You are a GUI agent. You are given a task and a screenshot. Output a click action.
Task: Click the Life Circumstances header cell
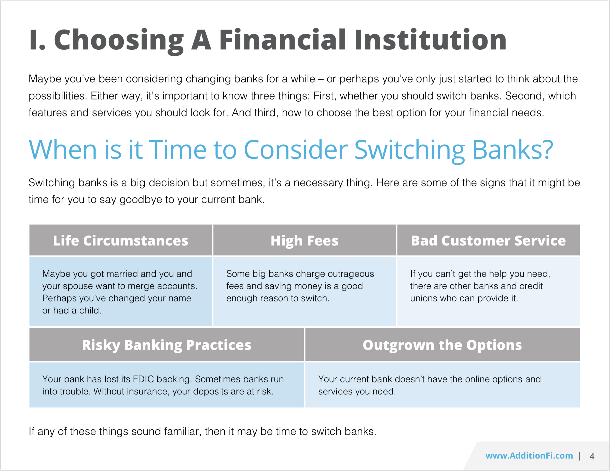[120, 241]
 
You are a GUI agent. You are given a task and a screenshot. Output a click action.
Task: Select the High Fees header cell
[304, 241]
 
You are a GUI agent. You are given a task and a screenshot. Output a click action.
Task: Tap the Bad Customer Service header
[488, 241]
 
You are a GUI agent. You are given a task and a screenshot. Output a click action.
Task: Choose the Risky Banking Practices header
[167, 345]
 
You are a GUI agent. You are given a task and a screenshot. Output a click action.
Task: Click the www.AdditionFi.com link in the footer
[529, 456]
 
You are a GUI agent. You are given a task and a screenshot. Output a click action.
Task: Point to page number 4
[592, 456]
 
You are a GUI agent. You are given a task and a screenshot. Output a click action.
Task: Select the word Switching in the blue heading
[409, 150]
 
